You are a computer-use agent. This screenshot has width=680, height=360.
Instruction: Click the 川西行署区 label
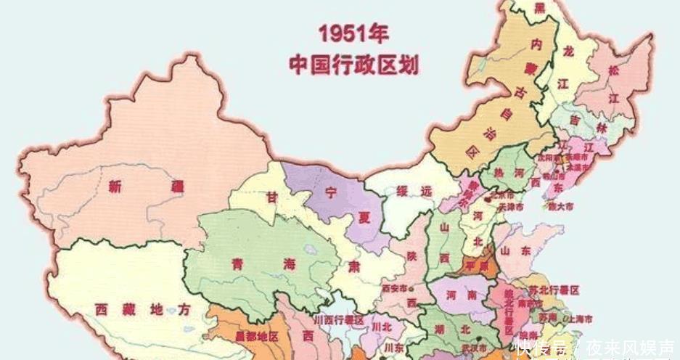click(x=338, y=319)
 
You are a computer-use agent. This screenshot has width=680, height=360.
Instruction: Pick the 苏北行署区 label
click(x=554, y=290)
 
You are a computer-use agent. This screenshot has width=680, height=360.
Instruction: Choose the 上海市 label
click(x=578, y=319)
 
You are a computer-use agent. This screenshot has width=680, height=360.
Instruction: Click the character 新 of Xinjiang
click(x=115, y=187)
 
